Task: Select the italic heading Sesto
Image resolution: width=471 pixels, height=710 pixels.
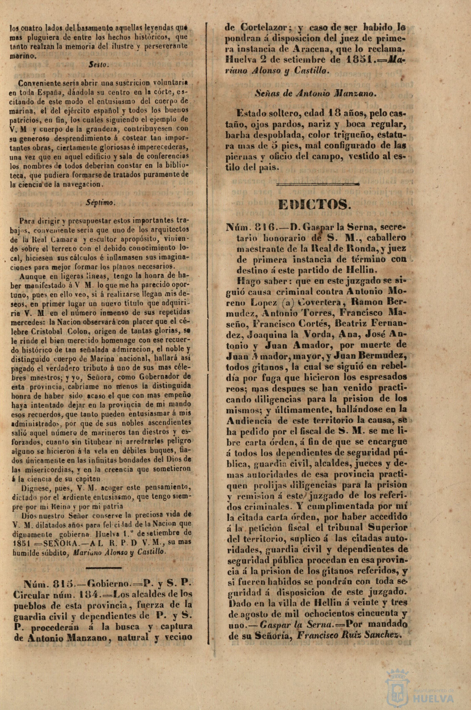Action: (97, 65)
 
